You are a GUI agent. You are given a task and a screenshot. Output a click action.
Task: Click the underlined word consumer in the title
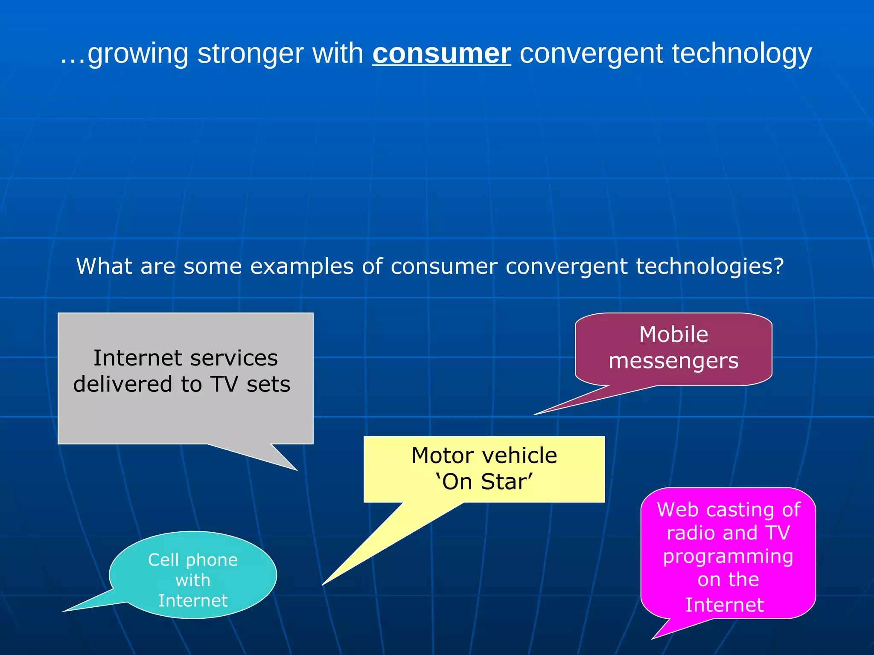(x=441, y=54)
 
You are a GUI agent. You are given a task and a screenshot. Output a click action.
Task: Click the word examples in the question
(x=302, y=267)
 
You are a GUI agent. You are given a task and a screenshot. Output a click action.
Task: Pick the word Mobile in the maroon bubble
(x=673, y=334)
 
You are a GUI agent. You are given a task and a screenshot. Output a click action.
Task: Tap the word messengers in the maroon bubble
(x=673, y=361)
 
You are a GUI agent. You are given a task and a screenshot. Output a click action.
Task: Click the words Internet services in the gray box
(x=186, y=357)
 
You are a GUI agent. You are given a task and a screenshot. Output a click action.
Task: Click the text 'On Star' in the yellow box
(x=484, y=482)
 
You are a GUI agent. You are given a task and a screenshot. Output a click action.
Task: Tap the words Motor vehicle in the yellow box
(x=484, y=455)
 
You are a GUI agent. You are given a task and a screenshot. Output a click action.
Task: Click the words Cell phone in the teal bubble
(x=193, y=560)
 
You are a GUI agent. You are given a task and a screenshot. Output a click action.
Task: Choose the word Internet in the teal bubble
(x=193, y=601)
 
